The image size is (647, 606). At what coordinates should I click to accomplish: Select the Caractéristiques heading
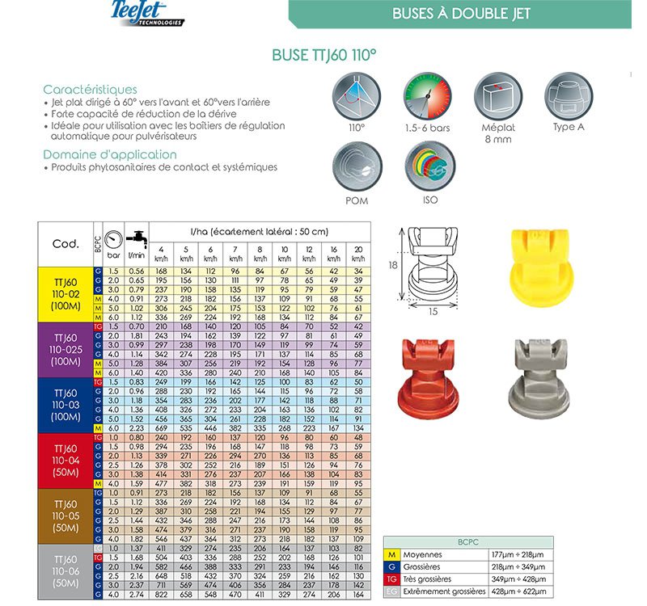[x=90, y=89]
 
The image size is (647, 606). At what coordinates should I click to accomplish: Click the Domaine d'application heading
[x=109, y=154]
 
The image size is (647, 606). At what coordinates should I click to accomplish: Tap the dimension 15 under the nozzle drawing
[x=433, y=311]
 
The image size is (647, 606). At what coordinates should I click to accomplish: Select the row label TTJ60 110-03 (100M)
[x=66, y=403]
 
